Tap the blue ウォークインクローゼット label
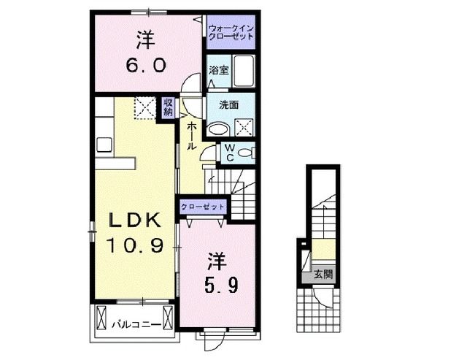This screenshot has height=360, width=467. pos(230,32)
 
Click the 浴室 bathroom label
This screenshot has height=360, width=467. pos(217,72)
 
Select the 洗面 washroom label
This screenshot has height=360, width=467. pos(229,104)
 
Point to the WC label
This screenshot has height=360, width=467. pos(228,153)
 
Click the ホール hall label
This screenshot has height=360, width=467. pos(190,136)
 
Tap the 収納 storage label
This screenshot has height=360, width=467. pos(168,107)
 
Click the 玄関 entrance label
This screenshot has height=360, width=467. pos(323,275)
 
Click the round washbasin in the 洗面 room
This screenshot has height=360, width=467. pos(217,130)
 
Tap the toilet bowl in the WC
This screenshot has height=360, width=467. pos(247,153)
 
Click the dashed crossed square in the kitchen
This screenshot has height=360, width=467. pos(144,108)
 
